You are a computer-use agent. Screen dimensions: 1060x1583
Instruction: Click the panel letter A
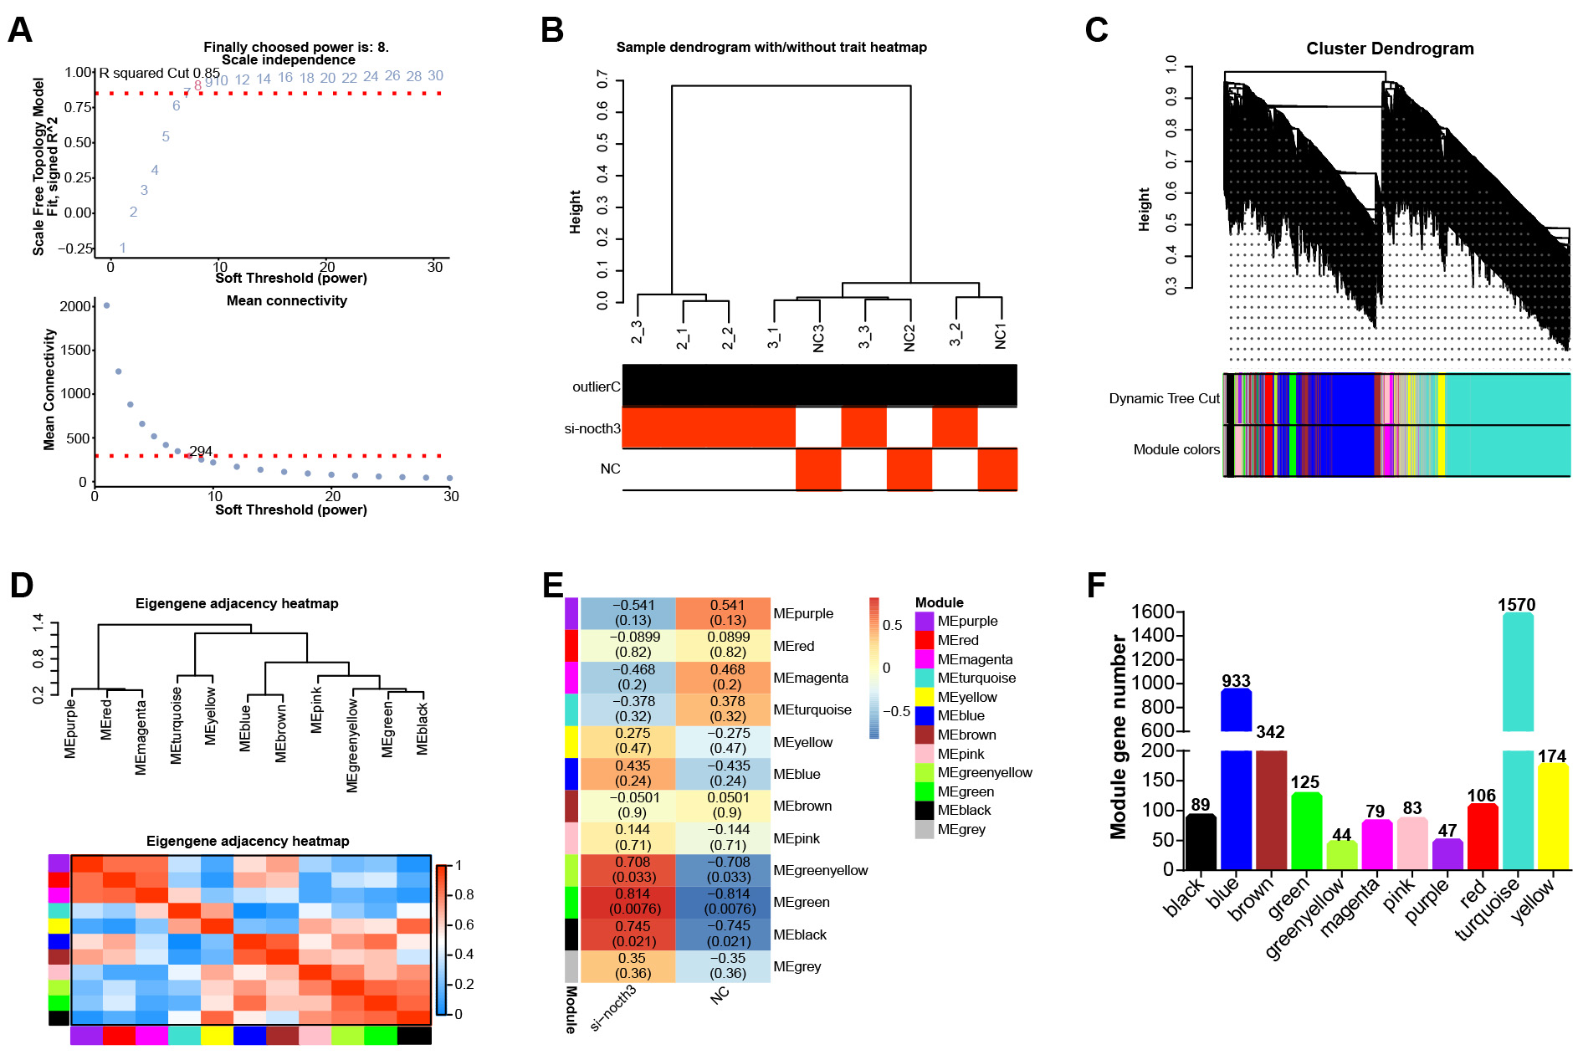[19, 30]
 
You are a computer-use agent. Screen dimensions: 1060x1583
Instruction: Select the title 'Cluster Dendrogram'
[1390, 49]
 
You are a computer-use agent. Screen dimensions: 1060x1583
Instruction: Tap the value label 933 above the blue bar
[1236, 681]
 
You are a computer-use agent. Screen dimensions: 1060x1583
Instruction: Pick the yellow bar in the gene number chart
[1552, 816]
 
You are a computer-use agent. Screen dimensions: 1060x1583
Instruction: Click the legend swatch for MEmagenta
[925, 659]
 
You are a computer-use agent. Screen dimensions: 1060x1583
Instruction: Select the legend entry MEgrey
[961, 829]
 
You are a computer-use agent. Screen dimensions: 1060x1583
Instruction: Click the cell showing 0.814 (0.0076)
[628, 902]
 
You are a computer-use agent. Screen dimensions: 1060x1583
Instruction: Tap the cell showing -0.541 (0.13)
[628, 613]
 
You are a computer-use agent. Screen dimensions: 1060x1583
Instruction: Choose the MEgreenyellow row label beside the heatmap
[820, 870]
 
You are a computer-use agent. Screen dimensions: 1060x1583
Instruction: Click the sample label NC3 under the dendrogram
[818, 338]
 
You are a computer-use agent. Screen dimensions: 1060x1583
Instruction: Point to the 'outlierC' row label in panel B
[596, 387]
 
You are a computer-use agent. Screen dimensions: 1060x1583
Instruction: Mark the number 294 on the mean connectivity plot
[201, 451]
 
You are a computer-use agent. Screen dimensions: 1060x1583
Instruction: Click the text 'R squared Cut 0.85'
[159, 74]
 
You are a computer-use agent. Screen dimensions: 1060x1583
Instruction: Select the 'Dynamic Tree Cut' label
[1164, 398]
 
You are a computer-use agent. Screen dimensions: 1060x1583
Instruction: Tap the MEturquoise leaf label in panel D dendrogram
[177, 725]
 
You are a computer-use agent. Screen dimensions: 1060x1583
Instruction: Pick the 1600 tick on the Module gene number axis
[1152, 612]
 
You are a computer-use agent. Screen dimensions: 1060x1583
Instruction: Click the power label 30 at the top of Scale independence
[435, 76]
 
